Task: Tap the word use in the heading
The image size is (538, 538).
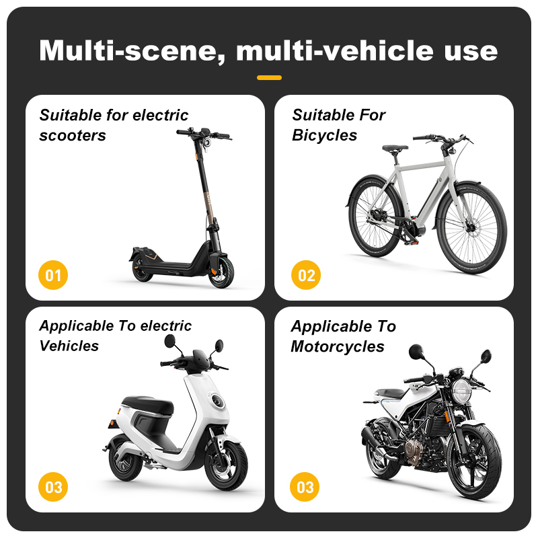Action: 471,52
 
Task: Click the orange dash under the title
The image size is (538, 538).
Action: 270,77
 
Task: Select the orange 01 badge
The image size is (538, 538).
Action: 53,275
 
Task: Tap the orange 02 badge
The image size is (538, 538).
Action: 306,275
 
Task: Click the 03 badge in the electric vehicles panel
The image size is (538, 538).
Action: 53,487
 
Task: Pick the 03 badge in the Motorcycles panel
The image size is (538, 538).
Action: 305,487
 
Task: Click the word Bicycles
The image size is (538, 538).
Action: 325,136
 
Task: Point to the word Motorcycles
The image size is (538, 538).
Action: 338,346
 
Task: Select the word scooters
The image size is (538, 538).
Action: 73,136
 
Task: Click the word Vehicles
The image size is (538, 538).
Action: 69,346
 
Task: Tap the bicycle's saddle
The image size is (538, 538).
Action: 395,148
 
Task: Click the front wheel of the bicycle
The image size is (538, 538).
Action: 472,228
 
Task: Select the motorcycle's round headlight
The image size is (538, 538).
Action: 461,392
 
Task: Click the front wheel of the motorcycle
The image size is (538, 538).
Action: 474,461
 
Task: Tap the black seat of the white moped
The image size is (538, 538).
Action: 148,406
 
